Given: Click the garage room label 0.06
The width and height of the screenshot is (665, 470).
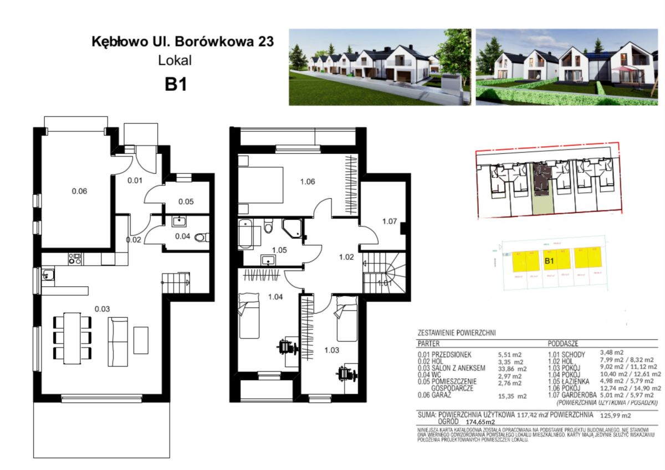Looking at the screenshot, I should [x=79, y=192].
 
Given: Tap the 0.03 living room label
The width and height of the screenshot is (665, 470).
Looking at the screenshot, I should [x=101, y=309].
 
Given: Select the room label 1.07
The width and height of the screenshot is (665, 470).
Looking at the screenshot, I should [x=390, y=221].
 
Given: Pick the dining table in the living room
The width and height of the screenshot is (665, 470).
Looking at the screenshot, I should [x=72, y=338].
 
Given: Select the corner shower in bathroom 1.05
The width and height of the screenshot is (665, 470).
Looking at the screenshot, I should [x=292, y=228].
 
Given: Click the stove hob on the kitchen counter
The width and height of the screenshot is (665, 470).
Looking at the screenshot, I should [x=75, y=258].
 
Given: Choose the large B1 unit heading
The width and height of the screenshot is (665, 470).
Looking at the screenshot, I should [x=175, y=85].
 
